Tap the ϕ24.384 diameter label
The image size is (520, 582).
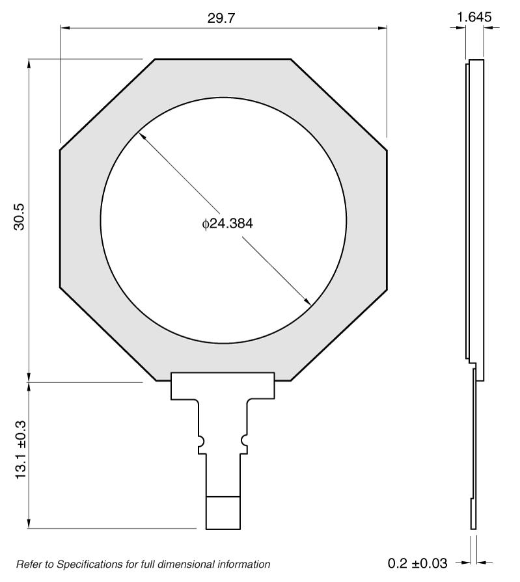pos(227,224)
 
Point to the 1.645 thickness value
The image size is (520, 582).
pos(474,18)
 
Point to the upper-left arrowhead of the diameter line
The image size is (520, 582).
pos(141,137)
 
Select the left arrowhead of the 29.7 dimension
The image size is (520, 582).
pos(64,28)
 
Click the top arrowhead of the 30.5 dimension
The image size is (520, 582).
pos(29,63)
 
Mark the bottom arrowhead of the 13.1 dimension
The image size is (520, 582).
pos(29,524)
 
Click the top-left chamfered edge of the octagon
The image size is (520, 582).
pos(107,105)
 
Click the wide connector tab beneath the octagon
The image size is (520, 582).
pos(223,386)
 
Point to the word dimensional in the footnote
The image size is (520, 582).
pos(194,564)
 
